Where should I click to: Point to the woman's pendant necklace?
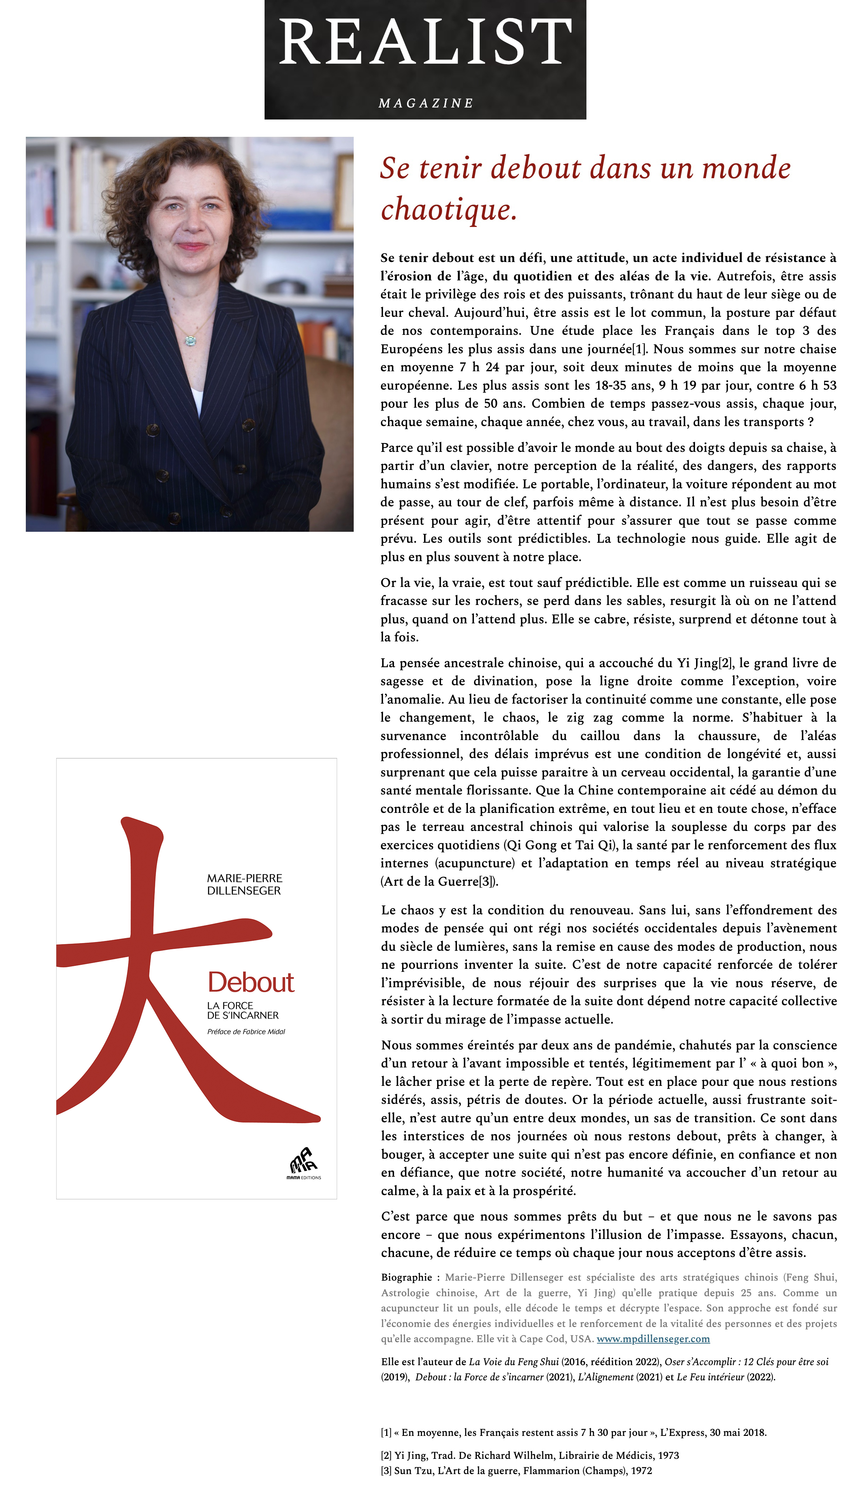coord(190,339)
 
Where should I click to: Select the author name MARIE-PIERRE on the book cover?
coord(244,878)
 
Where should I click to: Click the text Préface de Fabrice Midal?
coord(246,1032)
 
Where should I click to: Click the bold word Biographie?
coord(406,1278)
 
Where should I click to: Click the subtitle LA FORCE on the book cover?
coord(230,1006)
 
